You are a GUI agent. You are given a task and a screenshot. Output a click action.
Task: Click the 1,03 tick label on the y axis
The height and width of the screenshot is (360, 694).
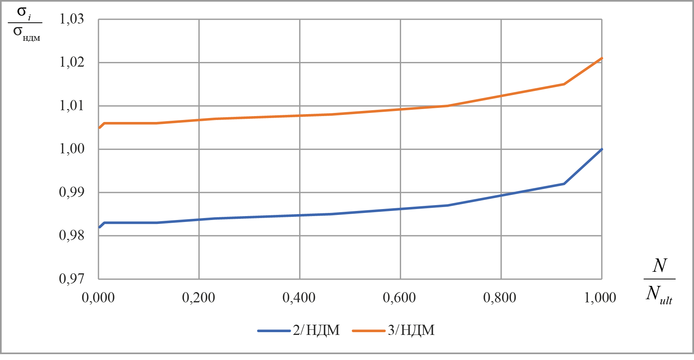pos(72,19)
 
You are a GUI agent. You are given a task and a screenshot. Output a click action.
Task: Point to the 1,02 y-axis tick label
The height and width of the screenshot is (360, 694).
pos(72,62)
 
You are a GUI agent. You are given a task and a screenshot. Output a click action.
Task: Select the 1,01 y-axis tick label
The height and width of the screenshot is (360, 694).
pos(72,106)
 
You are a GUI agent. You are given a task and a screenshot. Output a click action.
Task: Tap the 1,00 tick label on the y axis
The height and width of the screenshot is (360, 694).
pos(72,149)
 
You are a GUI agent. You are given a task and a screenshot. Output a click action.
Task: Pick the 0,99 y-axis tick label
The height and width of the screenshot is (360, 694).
pos(72,192)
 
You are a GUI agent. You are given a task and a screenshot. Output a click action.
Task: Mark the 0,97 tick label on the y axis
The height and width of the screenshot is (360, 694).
pos(72,279)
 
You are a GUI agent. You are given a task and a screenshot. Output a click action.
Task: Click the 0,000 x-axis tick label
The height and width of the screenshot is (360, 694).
pos(98,298)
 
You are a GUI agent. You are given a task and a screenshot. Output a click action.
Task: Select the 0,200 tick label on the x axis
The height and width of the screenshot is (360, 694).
pos(198,298)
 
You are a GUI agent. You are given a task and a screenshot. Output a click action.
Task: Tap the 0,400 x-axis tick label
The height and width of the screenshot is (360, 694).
pos(299,298)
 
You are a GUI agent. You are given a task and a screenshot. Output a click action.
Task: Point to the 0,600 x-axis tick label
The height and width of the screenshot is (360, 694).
pos(399,298)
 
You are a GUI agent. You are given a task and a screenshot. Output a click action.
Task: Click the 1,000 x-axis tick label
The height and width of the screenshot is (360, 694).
pos(600,298)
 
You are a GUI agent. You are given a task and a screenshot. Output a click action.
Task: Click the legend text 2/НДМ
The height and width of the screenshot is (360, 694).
pos(316,331)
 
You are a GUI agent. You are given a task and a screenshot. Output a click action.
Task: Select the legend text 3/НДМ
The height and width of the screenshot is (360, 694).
pos(411,331)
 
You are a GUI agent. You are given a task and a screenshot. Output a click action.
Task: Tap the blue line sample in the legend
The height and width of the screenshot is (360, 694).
pos(274,331)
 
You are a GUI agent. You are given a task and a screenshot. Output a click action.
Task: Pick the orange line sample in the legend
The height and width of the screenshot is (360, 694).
pos(369,331)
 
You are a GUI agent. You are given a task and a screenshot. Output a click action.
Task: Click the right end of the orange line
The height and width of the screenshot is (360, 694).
pos(601,58)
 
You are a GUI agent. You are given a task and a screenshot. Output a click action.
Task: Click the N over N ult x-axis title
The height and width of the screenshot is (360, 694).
pos(659,283)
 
